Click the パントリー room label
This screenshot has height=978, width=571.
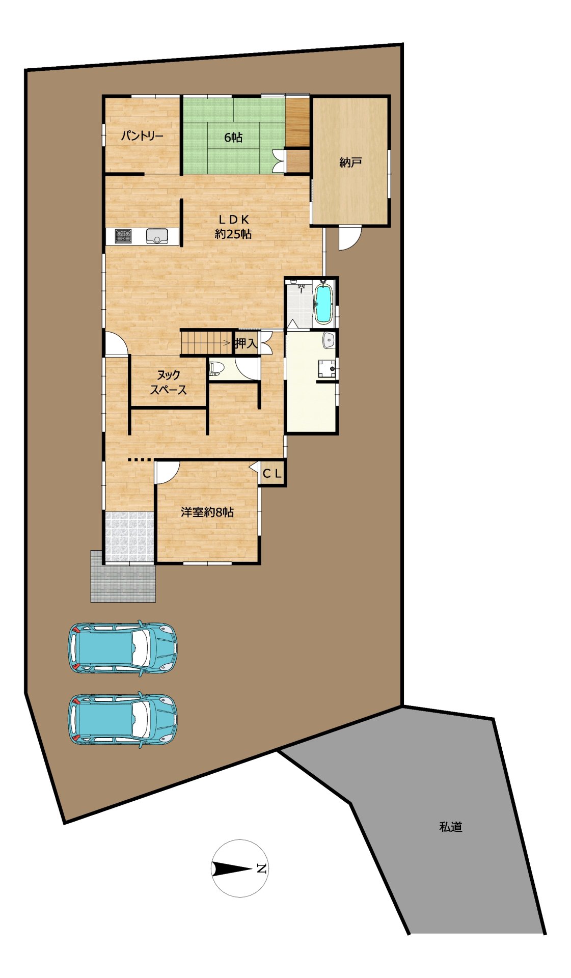coord(142,137)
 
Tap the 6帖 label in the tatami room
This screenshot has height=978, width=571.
coord(233,137)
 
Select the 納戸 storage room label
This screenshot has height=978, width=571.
coord(350,162)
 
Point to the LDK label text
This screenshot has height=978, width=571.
coord(233,220)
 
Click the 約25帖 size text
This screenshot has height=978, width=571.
coord(233,234)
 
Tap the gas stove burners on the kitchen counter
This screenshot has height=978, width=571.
coord(123,236)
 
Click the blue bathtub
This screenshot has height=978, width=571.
coord(323,304)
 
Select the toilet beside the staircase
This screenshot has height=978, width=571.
coord(216,368)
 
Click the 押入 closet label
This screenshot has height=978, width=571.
coord(246,343)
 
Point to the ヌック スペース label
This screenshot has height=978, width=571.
coord(168,383)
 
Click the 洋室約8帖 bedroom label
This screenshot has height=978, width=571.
coord(207,512)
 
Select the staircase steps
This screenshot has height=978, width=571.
coord(207,342)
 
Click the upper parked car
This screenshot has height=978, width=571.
coord(123,647)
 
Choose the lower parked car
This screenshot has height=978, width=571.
coord(123,719)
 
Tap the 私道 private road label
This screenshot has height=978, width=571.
coord(451,827)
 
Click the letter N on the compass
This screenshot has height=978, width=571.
coord(261,868)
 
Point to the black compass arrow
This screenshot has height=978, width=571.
coord(232,868)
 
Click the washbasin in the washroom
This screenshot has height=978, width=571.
coord(329,340)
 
